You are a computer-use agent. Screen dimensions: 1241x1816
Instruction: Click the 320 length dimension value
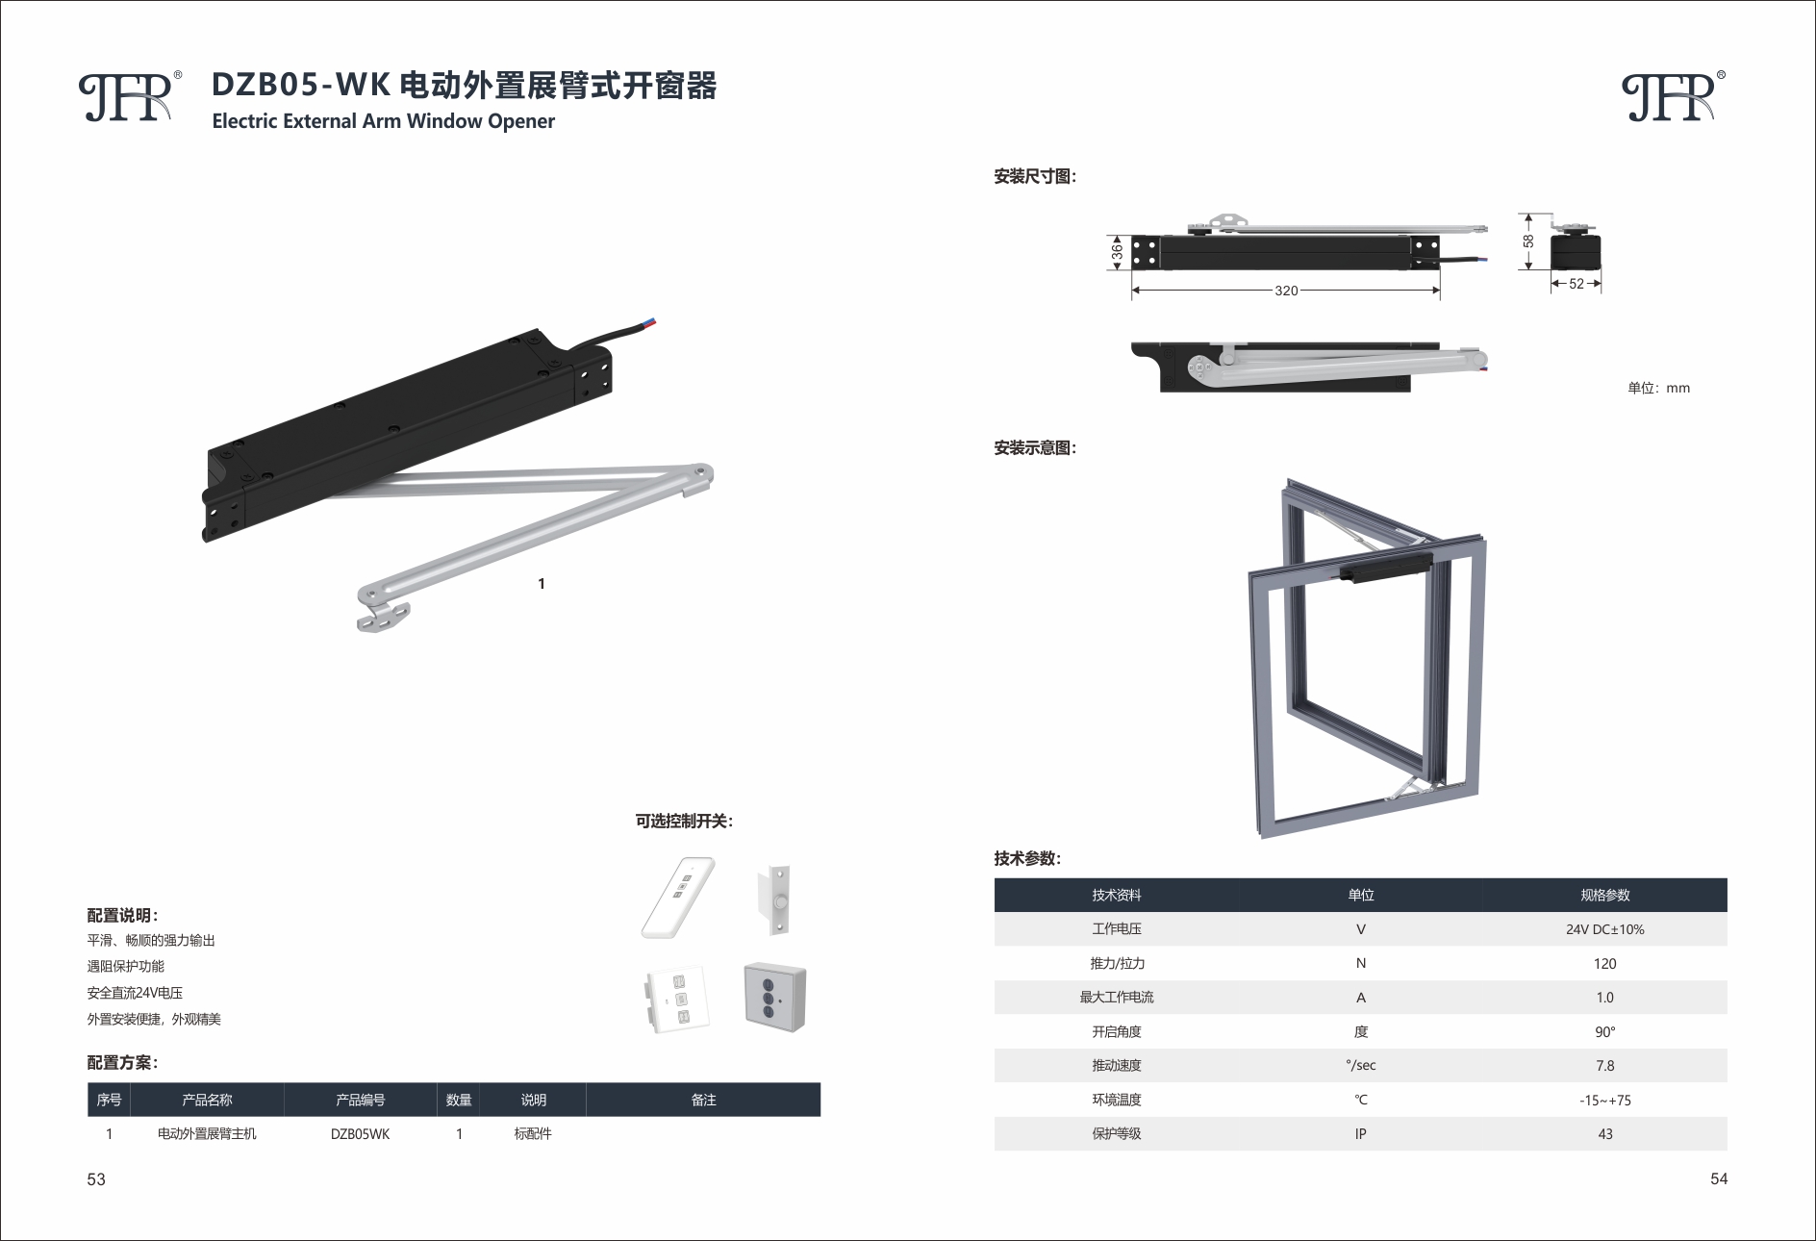point(1286,291)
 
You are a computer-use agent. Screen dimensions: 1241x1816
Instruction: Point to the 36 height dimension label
point(1117,251)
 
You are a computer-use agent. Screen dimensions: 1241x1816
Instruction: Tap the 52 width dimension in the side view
point(1576,284)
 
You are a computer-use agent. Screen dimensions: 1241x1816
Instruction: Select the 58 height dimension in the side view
point(1528,241)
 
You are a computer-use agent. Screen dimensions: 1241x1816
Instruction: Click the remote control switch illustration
point(678,897)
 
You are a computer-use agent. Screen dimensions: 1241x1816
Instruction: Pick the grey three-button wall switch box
point(774,997)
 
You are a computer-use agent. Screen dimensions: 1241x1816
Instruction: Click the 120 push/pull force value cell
point(1604,963)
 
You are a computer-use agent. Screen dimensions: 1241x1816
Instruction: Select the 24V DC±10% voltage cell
point(1604,929)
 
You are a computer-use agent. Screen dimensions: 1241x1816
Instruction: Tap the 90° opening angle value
point(1604,1031)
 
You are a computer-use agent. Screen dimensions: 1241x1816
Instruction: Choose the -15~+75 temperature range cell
point(1604,1100)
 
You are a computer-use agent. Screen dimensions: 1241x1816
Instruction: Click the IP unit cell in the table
point(1360,1134)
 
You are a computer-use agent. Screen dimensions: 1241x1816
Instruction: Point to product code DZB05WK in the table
point(360,1134)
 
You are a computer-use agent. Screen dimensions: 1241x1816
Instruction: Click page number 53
point(96,1179)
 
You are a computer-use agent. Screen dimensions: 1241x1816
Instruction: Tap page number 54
point(1719,1178)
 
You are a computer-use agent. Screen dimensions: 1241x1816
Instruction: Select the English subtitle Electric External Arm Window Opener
point(383,121)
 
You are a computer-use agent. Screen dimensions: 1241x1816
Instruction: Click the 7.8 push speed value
point(1604,1066)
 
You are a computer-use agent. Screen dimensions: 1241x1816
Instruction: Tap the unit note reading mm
point(1658,388)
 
